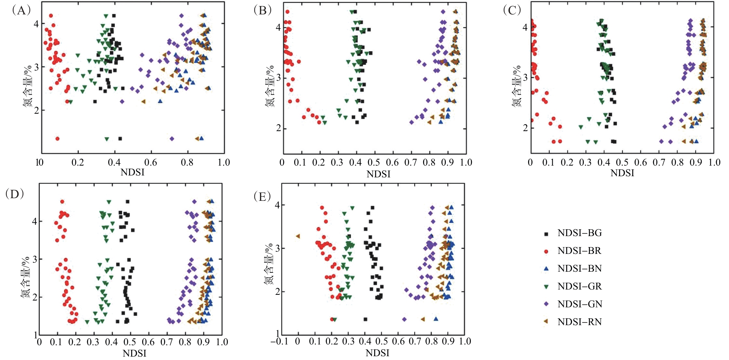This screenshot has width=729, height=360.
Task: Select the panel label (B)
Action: coord(263,11)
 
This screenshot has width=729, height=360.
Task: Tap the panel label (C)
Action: coord(512,11)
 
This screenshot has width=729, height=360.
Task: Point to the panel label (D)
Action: coord(14,194)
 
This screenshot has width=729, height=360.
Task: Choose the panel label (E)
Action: coord(263,196)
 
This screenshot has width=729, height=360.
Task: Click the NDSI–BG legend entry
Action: coord(579,233)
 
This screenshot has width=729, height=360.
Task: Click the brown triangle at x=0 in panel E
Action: coord(298,236)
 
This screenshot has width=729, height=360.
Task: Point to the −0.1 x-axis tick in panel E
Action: coord(279,341)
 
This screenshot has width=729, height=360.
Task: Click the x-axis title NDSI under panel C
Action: coord(622,173)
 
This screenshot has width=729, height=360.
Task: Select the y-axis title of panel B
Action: coord(270,86)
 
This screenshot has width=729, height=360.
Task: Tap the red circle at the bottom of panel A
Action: coord(57,139)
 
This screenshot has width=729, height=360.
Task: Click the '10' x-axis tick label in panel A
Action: coord(39,163)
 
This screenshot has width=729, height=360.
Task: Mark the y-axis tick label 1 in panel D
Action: coord(36,335)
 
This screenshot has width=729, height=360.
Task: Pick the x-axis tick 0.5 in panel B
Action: coord(374,163)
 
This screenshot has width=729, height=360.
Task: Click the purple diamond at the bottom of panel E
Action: coord(404,319)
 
